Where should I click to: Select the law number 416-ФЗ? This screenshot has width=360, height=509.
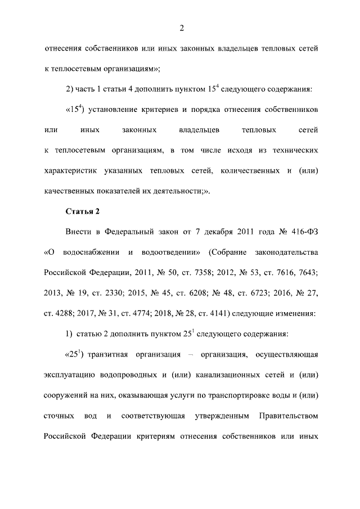303,232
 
